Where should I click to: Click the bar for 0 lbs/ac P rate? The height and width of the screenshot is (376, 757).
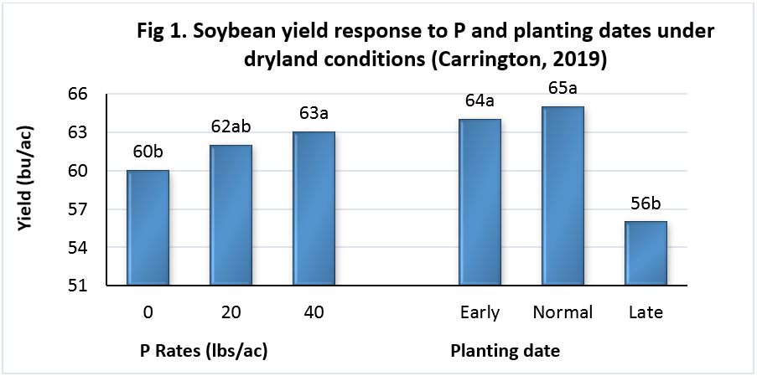[x=148, y=228]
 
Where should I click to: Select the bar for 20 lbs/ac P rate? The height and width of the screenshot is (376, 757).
[x=231, y=215]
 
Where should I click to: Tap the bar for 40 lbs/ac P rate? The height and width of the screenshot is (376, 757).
[x=314, y=209]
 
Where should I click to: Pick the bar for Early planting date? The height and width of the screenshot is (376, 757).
[x=480, y=203]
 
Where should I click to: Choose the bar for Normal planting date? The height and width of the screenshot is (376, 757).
[x=563, y=196]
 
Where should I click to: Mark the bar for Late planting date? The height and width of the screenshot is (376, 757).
[x=646, y=254]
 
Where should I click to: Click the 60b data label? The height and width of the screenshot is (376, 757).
[x=148, y=152]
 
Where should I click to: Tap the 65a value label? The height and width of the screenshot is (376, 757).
[x=563, y=89]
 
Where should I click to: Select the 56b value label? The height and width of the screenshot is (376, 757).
[x=646, y=203]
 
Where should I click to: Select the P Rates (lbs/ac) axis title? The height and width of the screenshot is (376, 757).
[x=205, y=351]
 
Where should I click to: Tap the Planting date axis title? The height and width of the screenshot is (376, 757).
[x=506, y=351]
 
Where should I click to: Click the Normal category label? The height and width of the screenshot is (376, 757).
[x=563, y=312]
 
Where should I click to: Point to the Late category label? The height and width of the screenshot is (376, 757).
[x=646, y=312]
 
